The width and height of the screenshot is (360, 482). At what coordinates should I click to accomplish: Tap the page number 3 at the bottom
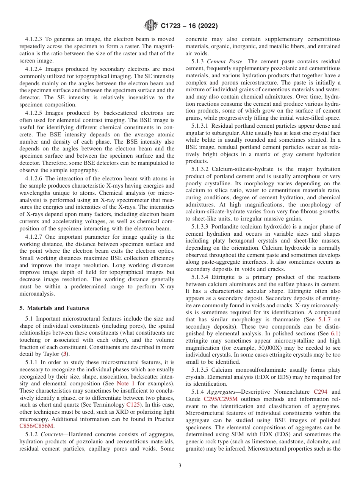pos(180,465)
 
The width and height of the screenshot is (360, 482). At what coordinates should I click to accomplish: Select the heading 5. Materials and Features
pos(54,308)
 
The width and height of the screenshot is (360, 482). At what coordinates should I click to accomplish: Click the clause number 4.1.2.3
pos(34,39)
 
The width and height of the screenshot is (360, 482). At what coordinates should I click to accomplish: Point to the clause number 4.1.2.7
pos(34,237)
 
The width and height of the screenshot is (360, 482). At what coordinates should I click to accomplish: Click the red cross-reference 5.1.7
pos(325,320)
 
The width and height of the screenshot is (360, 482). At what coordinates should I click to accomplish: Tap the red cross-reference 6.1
pos(335,334)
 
